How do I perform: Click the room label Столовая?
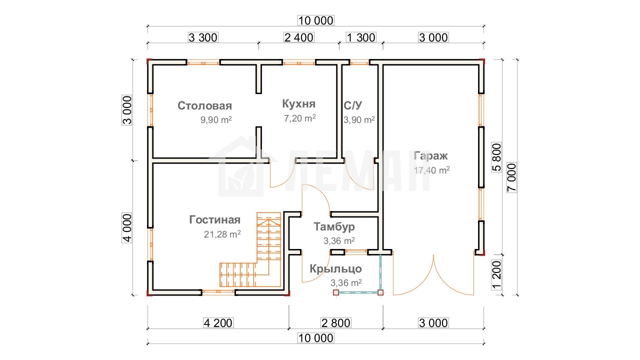tap(204, 105)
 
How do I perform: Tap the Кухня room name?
tap(299, 103)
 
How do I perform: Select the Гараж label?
tap(430, 156)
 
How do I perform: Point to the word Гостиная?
tap(215, 219)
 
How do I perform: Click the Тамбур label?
tap(334, 226)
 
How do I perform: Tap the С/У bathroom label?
tap(353, 105)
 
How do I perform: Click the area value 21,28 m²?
tap(222, 234)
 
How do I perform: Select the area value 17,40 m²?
tap(431, 170)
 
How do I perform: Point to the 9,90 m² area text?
tap(216, 119)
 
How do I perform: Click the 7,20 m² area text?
tap(299, 118)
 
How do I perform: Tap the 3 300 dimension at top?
tap(203, 37)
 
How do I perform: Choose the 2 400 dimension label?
tap(299, 37)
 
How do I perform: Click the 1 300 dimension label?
tap(361, 37)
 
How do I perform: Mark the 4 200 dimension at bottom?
tap(218, 323)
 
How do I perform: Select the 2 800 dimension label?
tap(336, 323)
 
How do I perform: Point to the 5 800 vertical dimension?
tap(496, 157)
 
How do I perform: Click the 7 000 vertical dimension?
tap(511, 177)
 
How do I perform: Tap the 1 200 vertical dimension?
tap(496, 275)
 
